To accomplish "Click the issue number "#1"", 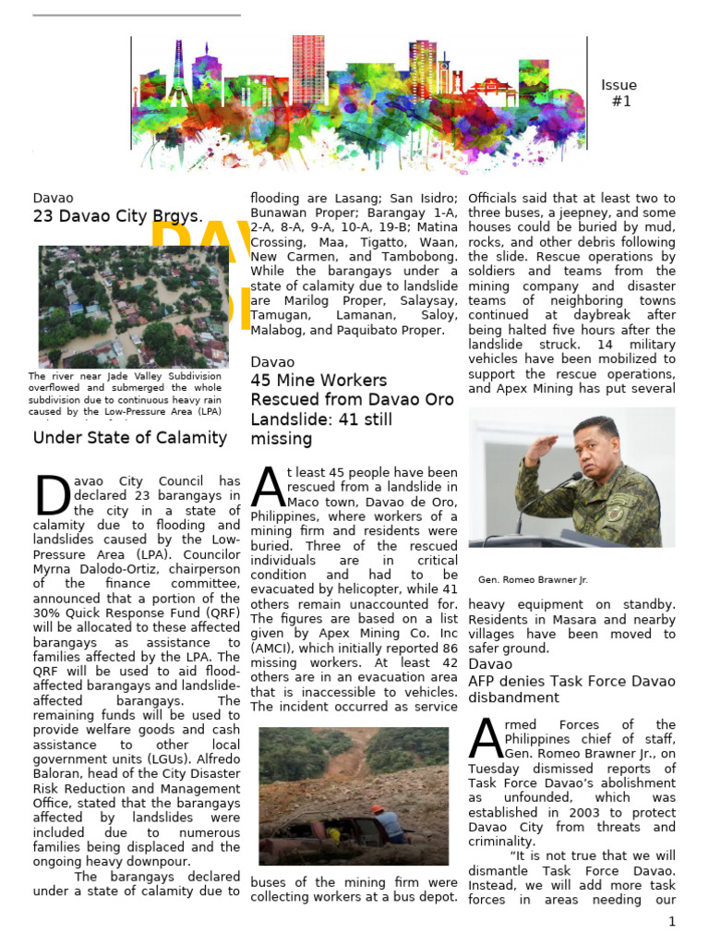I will coord(621,101).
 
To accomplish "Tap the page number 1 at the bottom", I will coord(673,921).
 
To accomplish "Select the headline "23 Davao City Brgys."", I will coord(117,217).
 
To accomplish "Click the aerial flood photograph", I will coord(133,306).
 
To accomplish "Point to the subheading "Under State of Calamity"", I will coord(129,438).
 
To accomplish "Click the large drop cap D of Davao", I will coord(53,496).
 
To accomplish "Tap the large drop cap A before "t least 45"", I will coord(268,486).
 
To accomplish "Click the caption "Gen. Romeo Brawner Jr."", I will coord(533,580).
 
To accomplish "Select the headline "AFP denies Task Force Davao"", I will coord(571,681).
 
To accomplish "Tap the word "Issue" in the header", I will coord(619,85).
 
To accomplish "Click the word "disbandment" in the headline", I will coord(513,697).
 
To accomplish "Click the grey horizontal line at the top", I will coord(137,15).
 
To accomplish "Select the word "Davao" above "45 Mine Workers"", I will coord(272,362).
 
